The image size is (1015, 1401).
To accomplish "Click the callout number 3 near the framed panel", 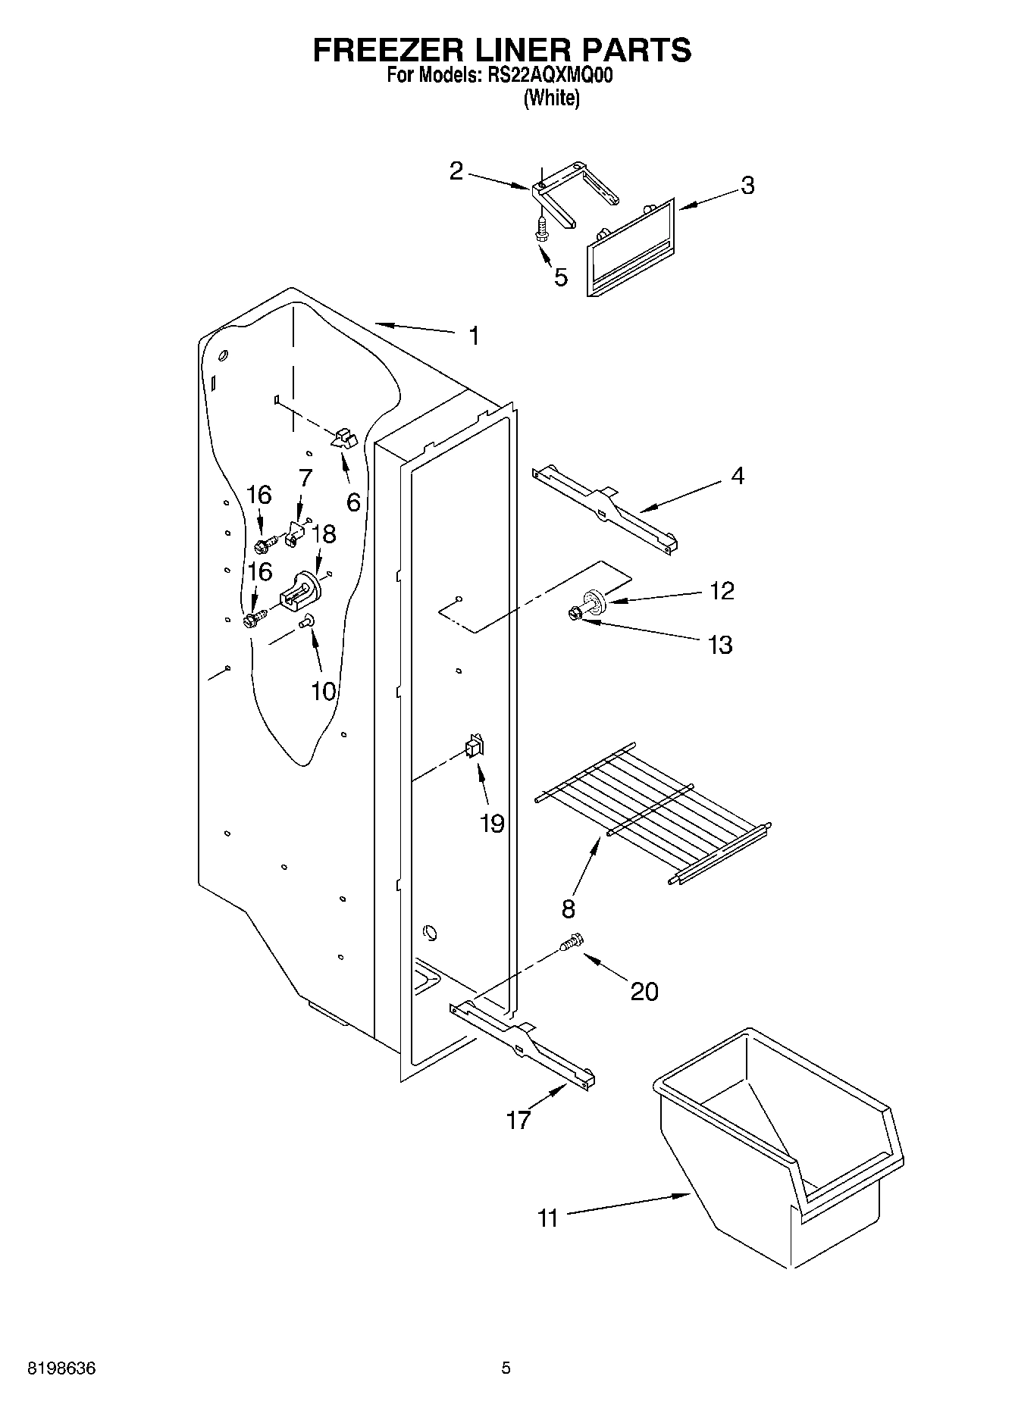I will coord(747,186).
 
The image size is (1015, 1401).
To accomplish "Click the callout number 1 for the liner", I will coord(474,336).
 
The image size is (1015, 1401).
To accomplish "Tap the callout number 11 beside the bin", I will coord(547,1218).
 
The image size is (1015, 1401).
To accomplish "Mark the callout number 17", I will coord(518,1119).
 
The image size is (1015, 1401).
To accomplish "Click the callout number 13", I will coord(719,645).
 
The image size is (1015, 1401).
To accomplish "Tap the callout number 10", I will coord(323,690).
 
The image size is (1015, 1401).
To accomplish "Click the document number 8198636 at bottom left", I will coord(61,1368).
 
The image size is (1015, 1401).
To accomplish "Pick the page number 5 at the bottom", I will coord(506,1368).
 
